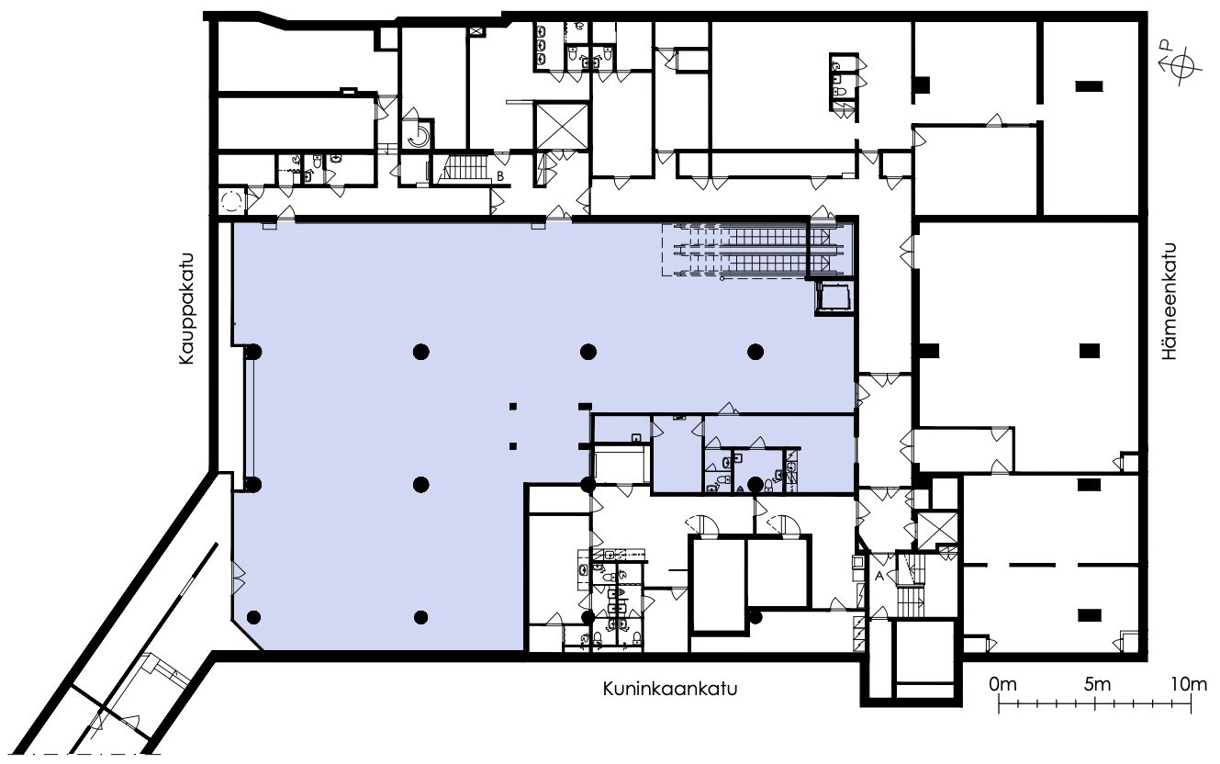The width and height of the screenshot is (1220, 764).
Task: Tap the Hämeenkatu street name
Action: tap(1170, 301)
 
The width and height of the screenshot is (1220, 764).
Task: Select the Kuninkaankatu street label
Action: tap(670, 689)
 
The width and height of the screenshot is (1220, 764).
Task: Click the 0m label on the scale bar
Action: tap(1002, 684)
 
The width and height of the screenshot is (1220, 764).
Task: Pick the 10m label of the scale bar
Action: tap(1189, 684)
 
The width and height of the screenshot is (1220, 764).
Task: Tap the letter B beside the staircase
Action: tap(500, 176)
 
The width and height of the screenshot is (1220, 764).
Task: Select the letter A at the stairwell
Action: tap(879, 576)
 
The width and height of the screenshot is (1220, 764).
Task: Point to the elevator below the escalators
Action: tap(834, 298)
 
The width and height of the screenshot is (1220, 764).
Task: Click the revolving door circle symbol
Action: tap(232, 201)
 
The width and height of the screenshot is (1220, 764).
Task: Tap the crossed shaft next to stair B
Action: tap(562, 126)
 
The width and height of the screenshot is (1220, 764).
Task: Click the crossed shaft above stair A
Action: tap(937, 530)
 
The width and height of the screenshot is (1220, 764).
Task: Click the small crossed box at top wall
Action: tap(476, 31)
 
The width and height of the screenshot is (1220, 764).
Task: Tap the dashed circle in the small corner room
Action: tap(232, 201)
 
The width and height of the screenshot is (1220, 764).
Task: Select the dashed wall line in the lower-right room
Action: tap(1051, 565)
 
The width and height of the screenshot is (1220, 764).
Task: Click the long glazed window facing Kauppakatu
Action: tap(249, 418)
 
